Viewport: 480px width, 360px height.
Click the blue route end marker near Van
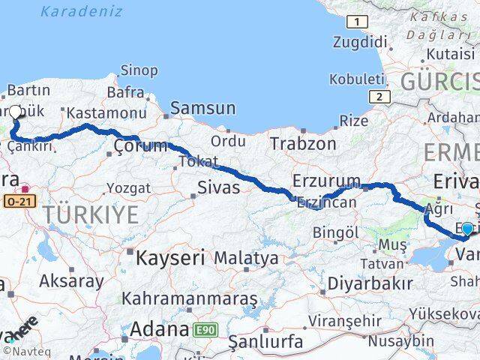coord(467,229)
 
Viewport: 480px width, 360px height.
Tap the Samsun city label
coord(203,108)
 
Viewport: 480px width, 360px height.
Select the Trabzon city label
coord(303,143)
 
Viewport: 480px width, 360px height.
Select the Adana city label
coord(160,328)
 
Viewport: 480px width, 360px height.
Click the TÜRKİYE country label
coord(91,215)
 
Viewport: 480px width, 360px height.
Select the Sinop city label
coord(139,70)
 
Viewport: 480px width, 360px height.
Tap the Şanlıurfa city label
coord(266,342)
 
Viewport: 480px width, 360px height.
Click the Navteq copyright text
coord(22,351)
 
